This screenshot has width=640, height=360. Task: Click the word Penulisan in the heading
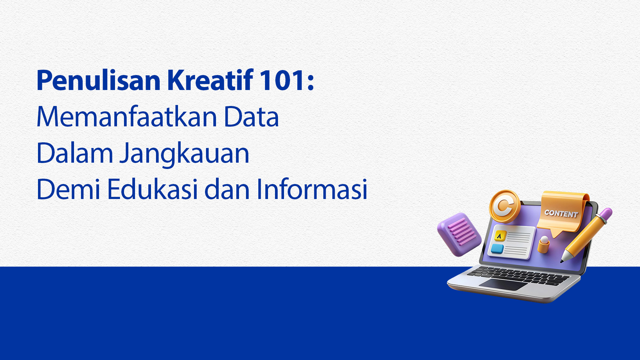[x=99, y=80]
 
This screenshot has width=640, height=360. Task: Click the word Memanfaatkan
[x=127, y=117]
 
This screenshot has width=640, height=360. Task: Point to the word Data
[x=251, y=117]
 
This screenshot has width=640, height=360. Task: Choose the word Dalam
[x=75, y=153]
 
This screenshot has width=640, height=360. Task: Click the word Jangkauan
[x=185, y=154]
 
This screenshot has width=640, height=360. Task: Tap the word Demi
[x=68, y=189]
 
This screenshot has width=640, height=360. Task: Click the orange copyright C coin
[x=505, y=206]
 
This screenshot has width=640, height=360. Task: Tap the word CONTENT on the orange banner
[x=561, y=213]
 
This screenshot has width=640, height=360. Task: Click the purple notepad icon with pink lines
[x=459, y=234]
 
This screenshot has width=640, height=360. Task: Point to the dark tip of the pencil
[x=562, y=261]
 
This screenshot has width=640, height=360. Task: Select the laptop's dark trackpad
[x=503, y=284]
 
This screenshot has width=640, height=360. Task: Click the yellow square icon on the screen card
[x=500, y=236]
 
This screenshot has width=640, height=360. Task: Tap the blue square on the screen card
[x=497, y=249]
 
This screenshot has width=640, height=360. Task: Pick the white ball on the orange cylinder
[x=544, y=240]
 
